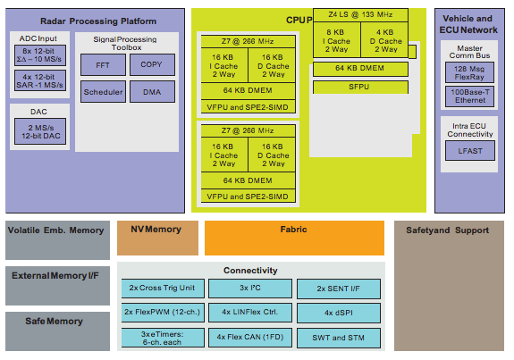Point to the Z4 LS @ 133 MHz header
[361, 15]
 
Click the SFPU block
[361, 86]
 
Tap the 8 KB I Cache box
[337, 41]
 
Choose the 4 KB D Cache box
[385, 41]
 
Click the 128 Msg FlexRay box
[469, 73]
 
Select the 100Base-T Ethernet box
[469, 96]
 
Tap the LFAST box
[469, 150]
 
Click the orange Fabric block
[293, 238]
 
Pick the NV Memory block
[157, 238]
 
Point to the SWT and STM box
[337, 337]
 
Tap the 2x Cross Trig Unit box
[162, 289]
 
